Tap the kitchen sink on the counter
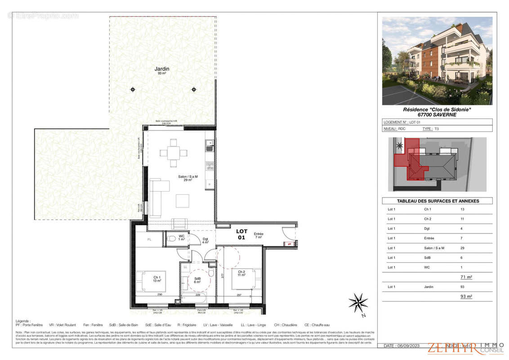pos(209,145)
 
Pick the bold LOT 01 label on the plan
pos(241,234)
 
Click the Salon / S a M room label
pos(188,177)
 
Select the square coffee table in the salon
pos(183,200)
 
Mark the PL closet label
pos(149,240)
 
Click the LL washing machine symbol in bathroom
pos(185,267)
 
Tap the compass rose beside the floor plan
pos(358,302)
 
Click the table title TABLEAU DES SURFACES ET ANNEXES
pos(437,201)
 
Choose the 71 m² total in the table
pos(465,277)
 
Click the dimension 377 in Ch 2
pos(222,275)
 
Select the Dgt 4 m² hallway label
pos(205,241)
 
